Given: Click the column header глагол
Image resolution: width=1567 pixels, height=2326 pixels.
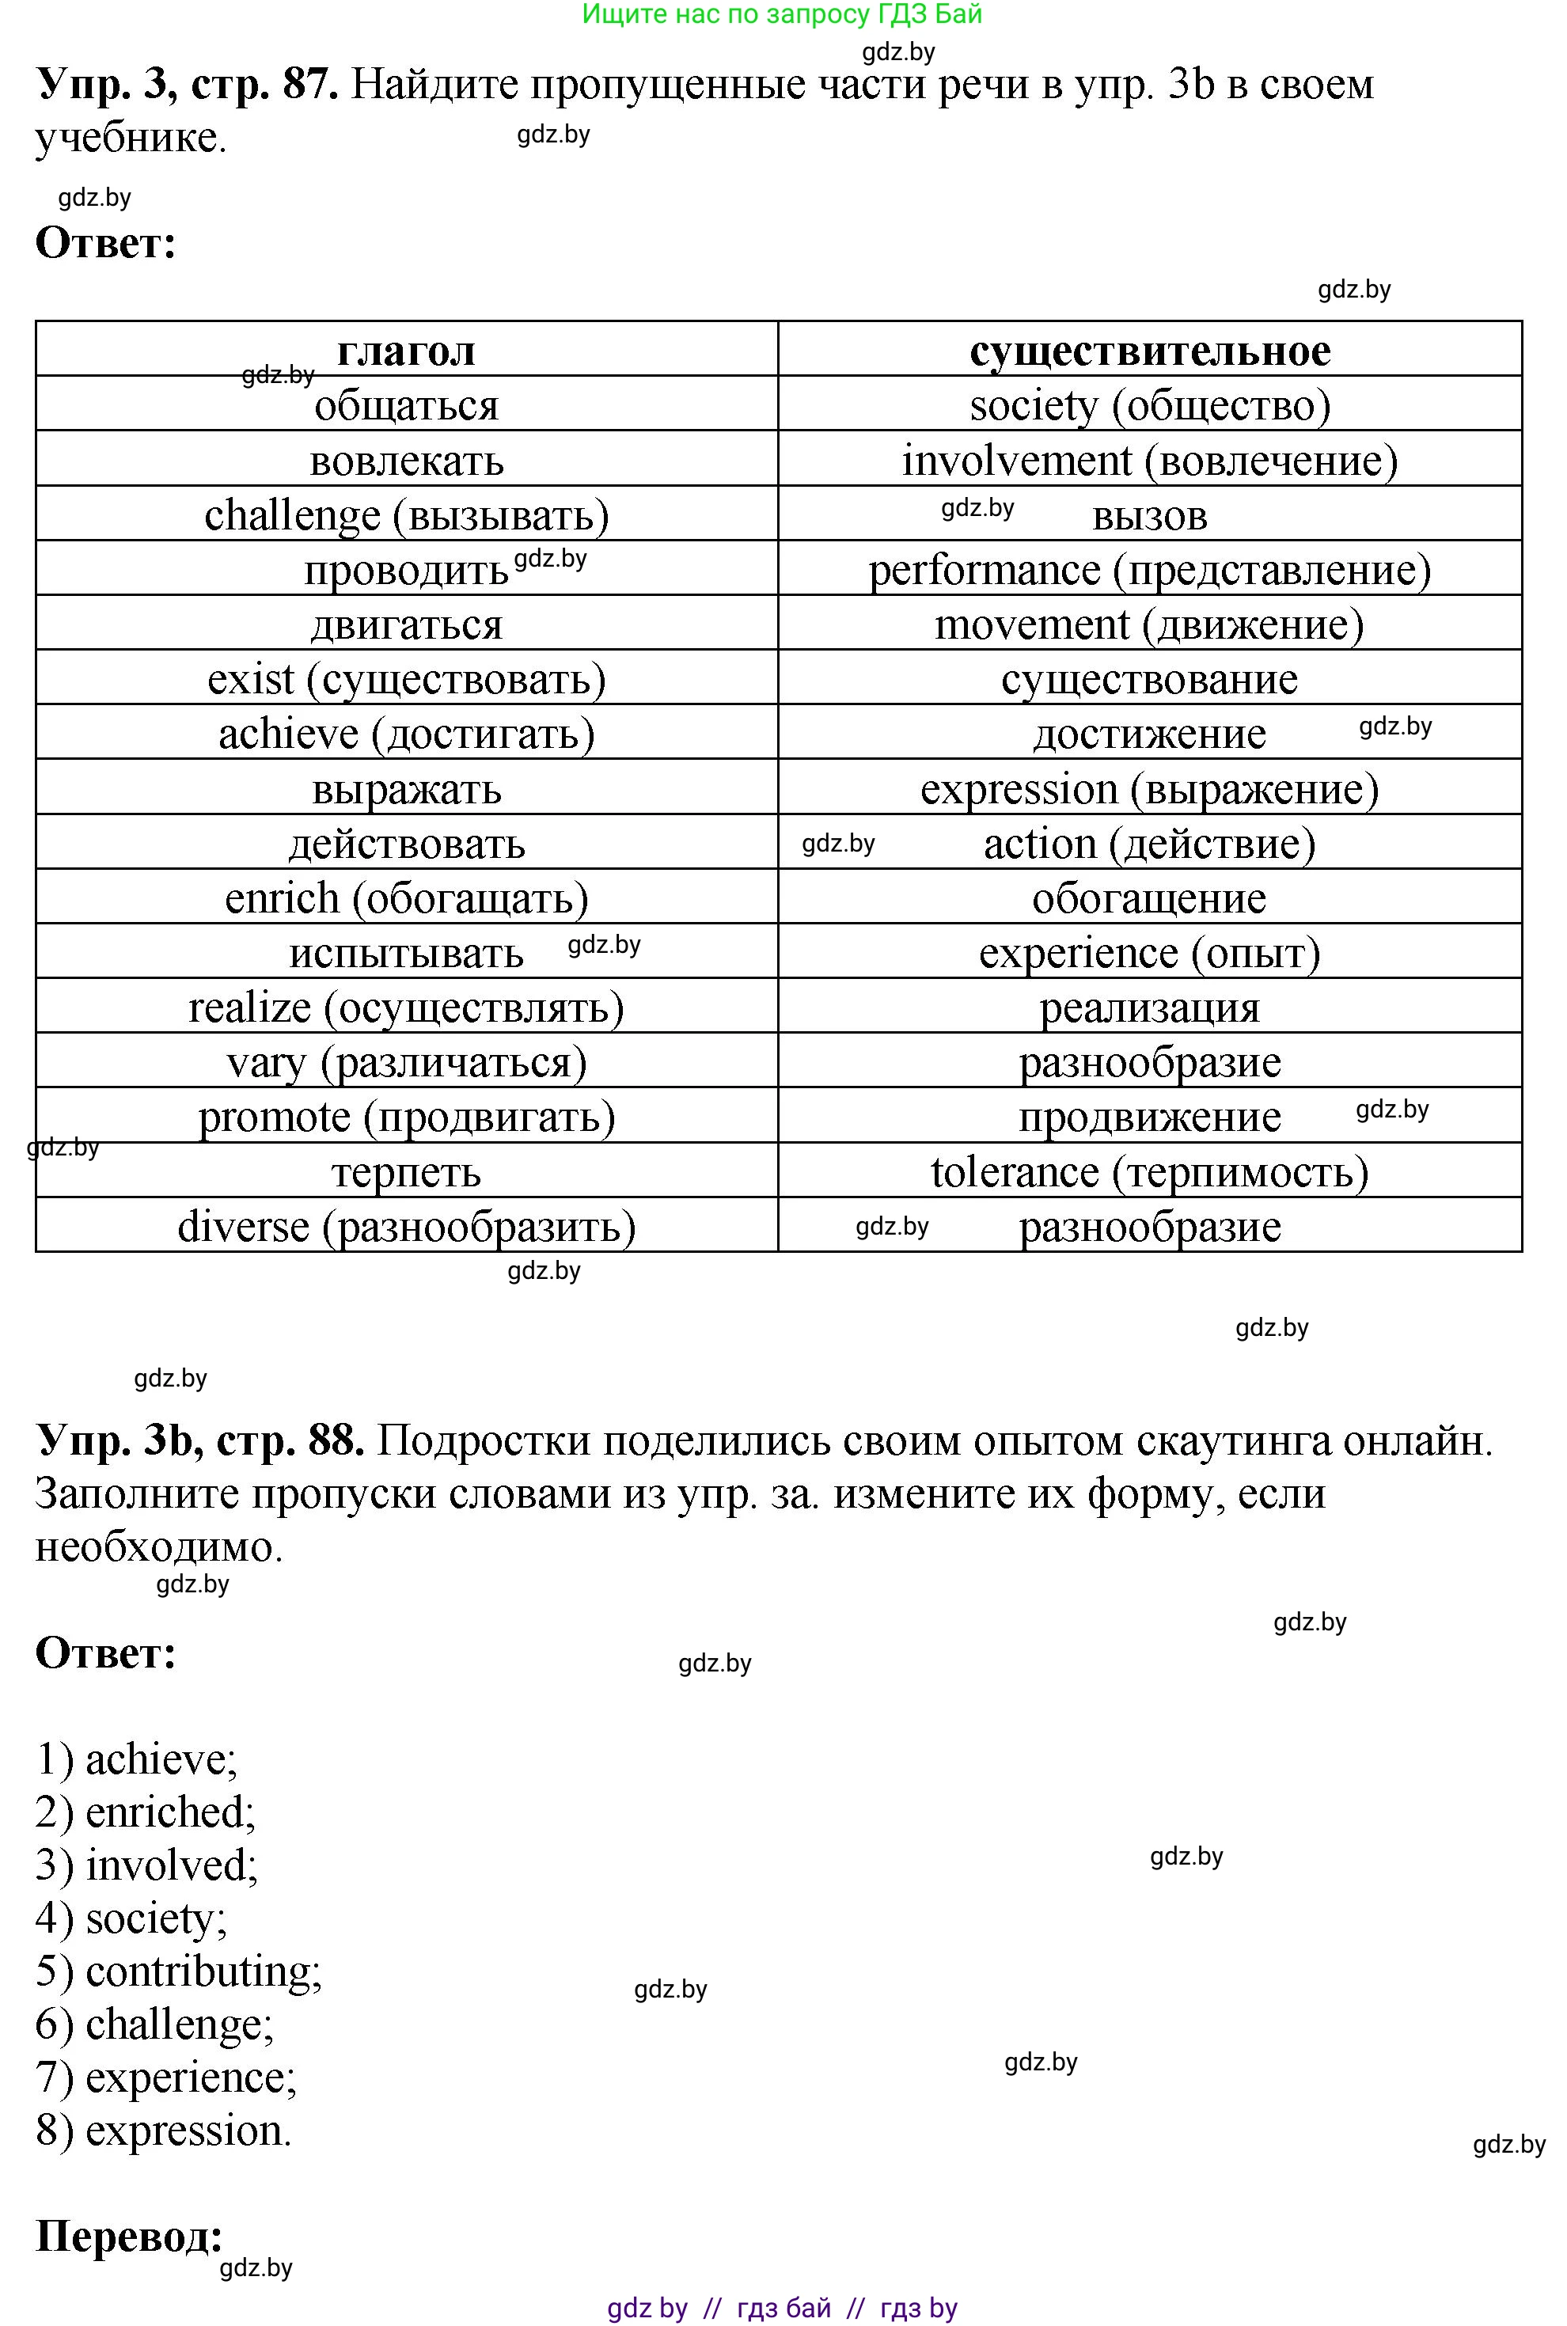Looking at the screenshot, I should (406, 351).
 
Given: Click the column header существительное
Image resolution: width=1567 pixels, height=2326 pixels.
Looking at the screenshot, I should (1149, 351).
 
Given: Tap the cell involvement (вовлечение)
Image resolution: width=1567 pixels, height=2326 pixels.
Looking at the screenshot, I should (1149, 461).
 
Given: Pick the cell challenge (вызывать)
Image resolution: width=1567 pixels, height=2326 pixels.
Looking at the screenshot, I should (406, 515).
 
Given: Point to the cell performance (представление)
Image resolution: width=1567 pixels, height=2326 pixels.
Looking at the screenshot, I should (1149, 571).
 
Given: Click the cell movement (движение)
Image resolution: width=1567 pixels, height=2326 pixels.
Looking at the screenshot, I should (1149, 625).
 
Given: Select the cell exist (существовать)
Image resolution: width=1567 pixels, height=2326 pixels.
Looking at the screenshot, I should (406, 679).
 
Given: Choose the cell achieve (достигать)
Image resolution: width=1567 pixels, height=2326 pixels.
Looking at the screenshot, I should (406, 734).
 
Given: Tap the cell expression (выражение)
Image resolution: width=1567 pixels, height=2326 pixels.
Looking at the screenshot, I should (1149, 789).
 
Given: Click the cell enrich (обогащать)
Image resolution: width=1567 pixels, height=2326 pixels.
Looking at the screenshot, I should (406, 898).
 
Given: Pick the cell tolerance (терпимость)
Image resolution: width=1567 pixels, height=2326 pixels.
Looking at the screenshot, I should (1149, 1172).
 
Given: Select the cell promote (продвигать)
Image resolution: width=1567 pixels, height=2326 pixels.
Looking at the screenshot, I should (406, 1117).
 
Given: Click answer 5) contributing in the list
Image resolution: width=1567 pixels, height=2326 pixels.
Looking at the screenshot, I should (180, 1971).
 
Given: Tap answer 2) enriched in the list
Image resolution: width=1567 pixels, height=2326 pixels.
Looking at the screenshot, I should (147, 1812).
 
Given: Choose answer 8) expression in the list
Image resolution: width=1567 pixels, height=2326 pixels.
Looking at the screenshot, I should (165, 2131).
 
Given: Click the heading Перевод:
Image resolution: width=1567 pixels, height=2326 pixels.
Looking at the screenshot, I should (129, 2236).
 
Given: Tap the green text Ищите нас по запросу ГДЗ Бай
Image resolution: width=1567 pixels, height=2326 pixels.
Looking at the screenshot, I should (783, 14).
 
